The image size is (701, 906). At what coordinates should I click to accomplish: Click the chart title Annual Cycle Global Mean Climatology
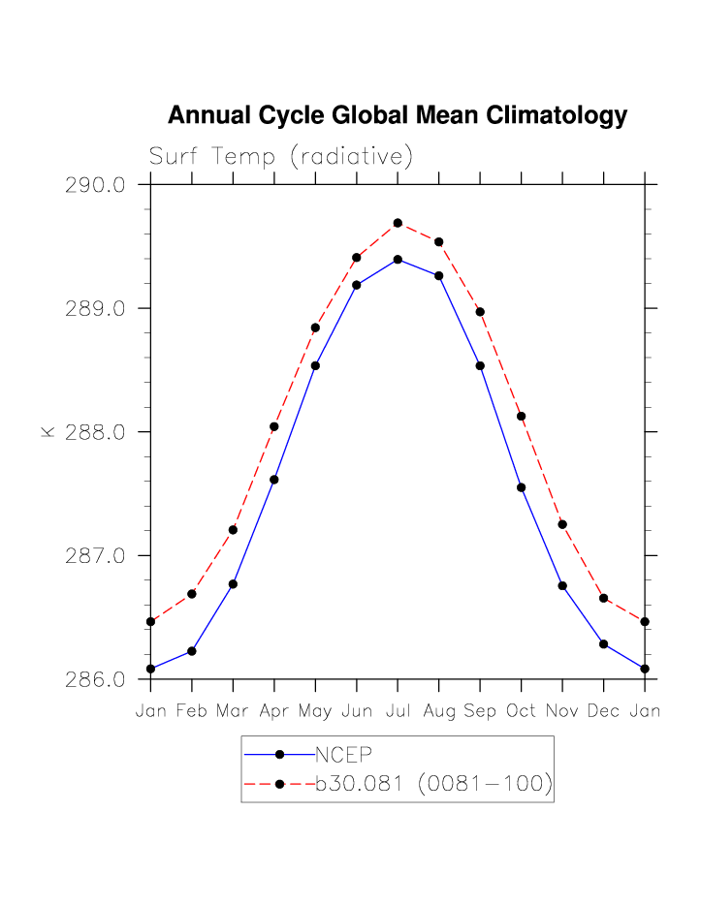pyautogui.click(x=398, y=116)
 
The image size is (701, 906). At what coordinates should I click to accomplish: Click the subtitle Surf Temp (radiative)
pyautogui.click(x=281, y=157)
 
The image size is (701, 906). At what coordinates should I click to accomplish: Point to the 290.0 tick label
pyautogui.click(x=95, y=185)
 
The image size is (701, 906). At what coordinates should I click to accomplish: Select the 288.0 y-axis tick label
pyautogui.click(x=95, y=432)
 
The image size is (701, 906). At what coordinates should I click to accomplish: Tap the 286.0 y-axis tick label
pyautogui.click(x=95, y=680)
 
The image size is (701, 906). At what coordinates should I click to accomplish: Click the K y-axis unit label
pyautogui.click(x=48, y=432)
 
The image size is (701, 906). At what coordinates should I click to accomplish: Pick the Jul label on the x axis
pyautogui.click(x=398, y=711)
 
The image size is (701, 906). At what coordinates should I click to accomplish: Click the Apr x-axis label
pyautogui.click(x=274, y=711)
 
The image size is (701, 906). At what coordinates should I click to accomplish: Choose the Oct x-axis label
pyautogui.click(x=522, y=711)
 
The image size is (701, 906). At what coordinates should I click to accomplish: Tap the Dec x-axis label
pyautogui.click(x=603, y=711)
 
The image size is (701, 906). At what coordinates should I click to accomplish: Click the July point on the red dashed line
pyautogui.click(x=398, y=223)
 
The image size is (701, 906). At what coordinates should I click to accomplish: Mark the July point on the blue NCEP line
pyautogui.click(x=398, y=260)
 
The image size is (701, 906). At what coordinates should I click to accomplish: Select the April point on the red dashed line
pyautogui.click(x=274, y=426)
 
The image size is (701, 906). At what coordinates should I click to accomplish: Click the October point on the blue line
pyautogui.click(x=522, y=487)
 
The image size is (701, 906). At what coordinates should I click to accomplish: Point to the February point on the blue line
pyautogui.click(x=192, y=651)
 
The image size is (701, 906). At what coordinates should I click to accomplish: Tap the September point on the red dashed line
pyautogui.click(x=480, y=311)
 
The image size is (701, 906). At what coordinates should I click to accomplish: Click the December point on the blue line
pyautogui.click(x=603, y=643)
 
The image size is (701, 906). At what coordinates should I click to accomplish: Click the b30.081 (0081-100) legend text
pyautogui.click(x=433, y=785)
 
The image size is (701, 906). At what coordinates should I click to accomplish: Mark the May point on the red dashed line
pyautogui.click(x=315, y=328)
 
